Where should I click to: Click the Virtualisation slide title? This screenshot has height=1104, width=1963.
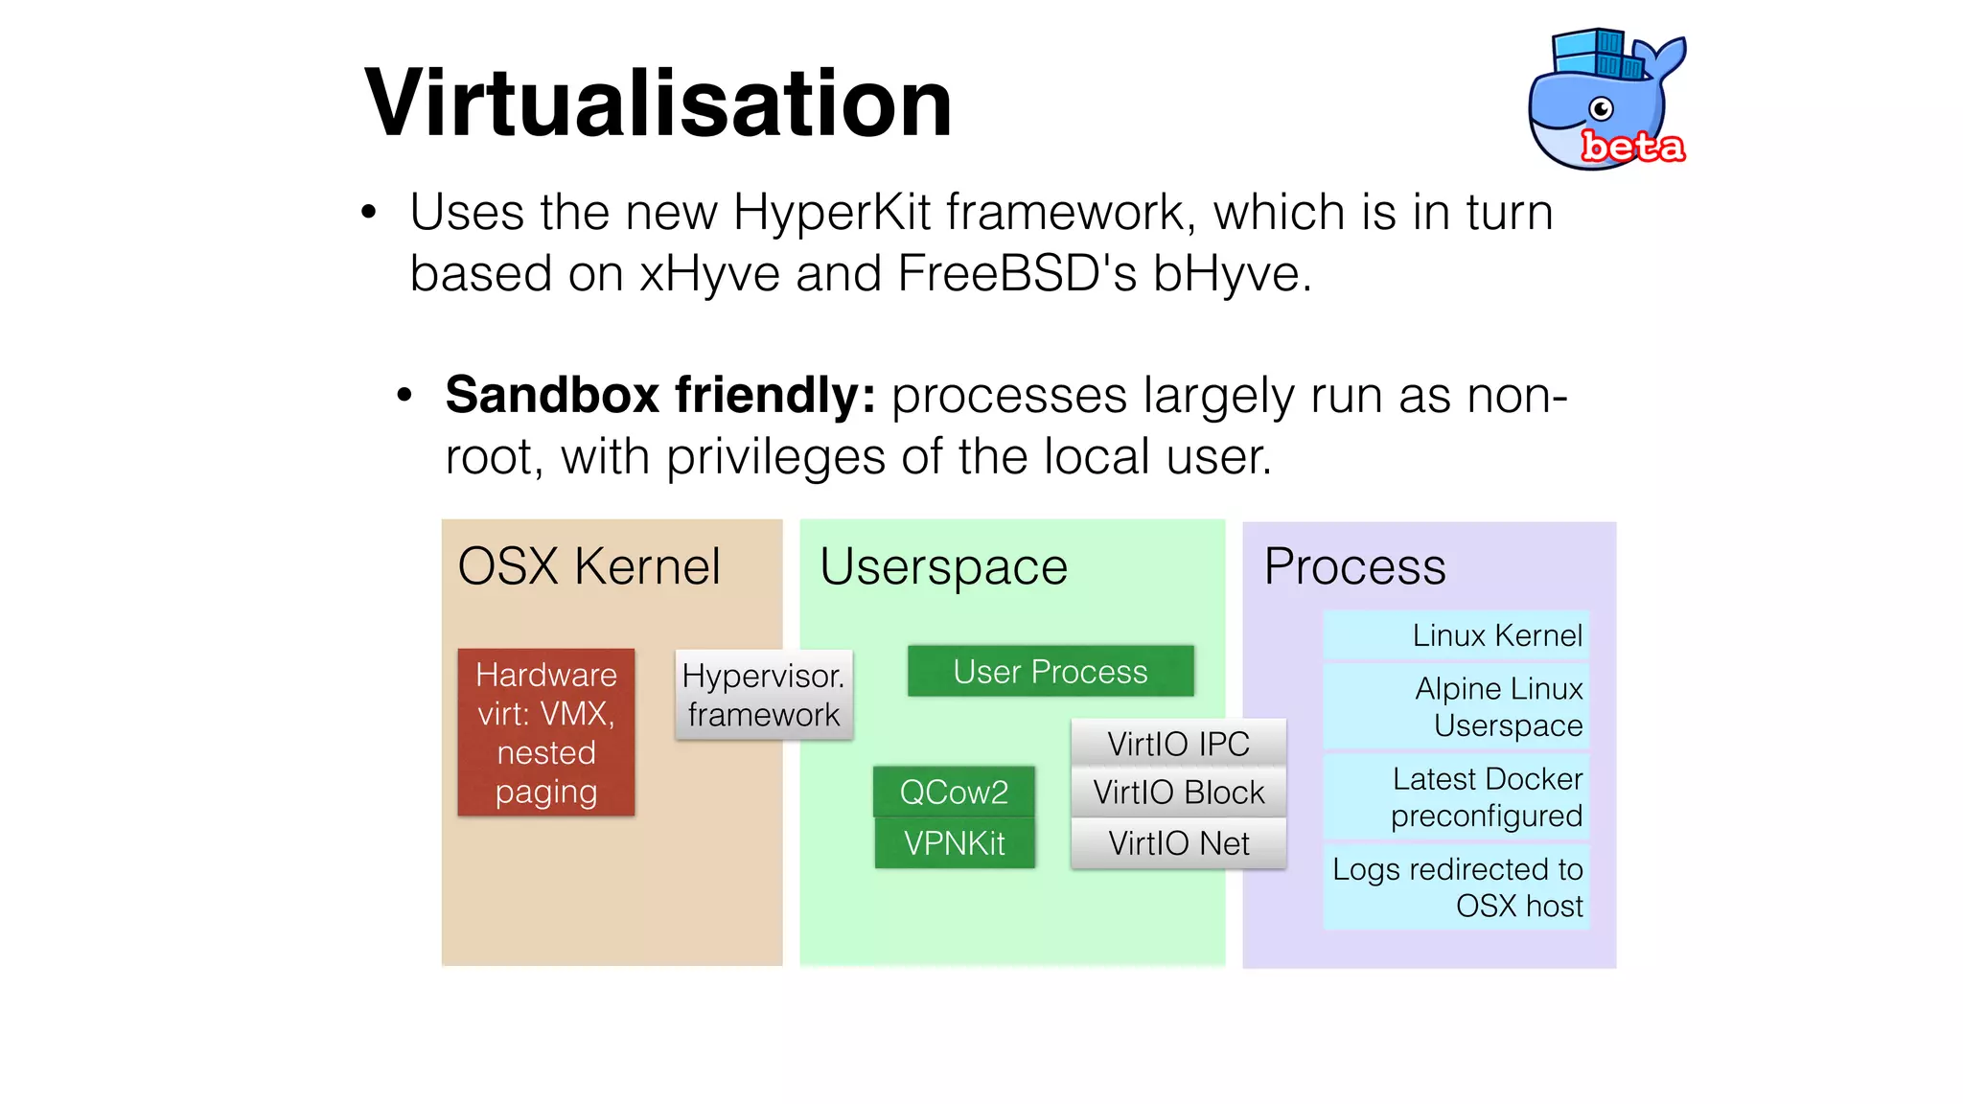click(658, 103)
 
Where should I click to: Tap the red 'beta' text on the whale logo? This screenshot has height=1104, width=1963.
click(1632, 147)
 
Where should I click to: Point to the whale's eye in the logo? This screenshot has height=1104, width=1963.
click(1601, 108)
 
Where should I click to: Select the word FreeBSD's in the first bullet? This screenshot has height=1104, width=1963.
click(1017, 274)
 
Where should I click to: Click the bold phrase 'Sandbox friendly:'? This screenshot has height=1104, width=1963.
click(660, 395)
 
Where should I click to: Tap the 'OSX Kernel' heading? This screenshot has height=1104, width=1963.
click(589, 565)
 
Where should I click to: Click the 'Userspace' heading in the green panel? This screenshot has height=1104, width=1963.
click(943, 566)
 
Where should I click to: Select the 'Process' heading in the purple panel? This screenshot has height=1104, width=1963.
click(1353, 565)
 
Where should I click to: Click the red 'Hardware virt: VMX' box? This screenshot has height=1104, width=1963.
click(546, 732)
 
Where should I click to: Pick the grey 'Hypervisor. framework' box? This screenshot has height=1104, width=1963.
click(763, 695)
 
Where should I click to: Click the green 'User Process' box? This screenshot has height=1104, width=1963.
click(1050, 671)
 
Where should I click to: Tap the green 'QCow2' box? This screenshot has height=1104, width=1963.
click(954, 792)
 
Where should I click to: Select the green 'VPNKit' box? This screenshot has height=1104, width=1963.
click(954, 843)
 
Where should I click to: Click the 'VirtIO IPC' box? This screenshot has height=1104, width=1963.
click(1178, 743)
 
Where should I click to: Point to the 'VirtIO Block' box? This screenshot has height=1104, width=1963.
click(1178, 792)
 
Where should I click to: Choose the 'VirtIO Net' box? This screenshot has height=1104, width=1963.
click(1178, 843)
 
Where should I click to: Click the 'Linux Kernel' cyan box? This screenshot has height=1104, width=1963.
click(1457, 635)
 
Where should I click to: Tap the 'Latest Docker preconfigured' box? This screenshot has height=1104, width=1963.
click(1457, 796)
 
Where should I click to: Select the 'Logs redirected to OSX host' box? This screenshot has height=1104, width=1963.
click(1457, 886)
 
